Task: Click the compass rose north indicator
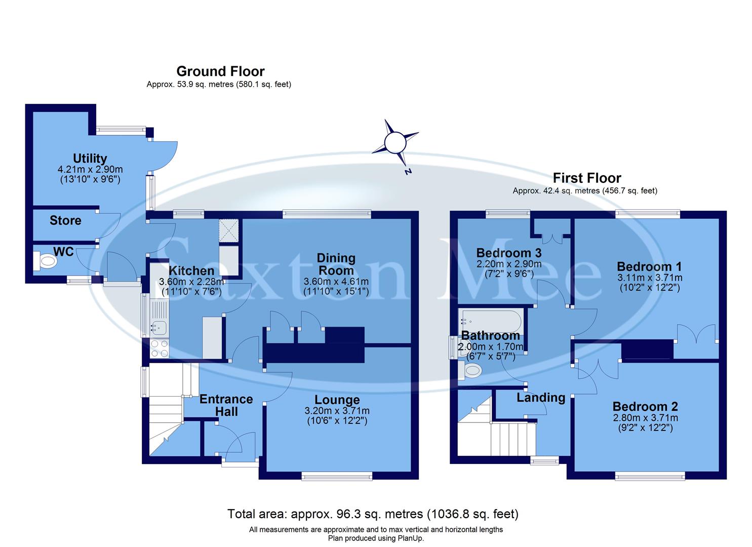coord(395,143)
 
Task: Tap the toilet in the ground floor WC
coord(46,261)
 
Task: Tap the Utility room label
coord(90,159)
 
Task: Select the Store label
coord(65,221)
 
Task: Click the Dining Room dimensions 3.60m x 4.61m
coord(336,282)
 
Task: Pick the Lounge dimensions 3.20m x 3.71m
coord(337,411)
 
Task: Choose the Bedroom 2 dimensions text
coord(645,423)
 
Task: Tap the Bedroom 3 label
coord(508,253)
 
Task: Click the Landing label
coord(541,398)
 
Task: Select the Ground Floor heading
coord(220,71)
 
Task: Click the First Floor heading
coord(586,178)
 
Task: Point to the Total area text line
coord(373,514)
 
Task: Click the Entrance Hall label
coord(226,405)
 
